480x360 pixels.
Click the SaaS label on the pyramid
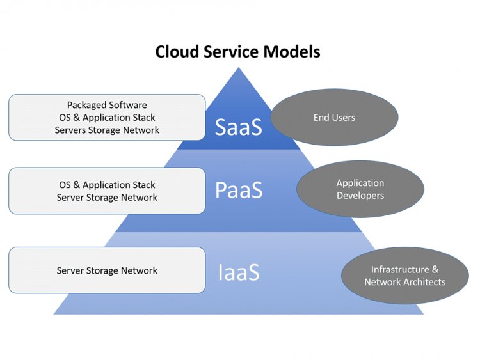pyautogui.click(x=239, y=127)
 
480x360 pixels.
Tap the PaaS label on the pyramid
pyautogui.click(x=239, y=190)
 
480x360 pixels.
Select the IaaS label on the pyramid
pyautogui.click(x=239, y=272)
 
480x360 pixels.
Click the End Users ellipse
pyautogui.click(x=335, y=117)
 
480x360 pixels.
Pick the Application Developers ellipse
pyautogui.click(x=360, y=189)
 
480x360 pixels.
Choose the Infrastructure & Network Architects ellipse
pyautogui.click(x=405, y=276)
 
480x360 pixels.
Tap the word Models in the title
pyautogui.click(x=292, y=51)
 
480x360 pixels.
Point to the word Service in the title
pyautogui.click(x=232, y=51)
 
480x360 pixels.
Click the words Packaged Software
pyautogui.click(x=107, y=105)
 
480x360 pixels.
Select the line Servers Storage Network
pyautogui.click(x=107, y=130)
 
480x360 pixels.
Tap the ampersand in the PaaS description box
pyautogui.click(x=77, y=185)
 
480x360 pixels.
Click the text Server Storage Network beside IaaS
pyautogui.click(x=107, y=270)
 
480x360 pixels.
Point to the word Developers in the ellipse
pyautogui.click(x=360, y=196)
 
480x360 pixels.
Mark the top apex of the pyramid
pyautogui.click(x=239, y=68)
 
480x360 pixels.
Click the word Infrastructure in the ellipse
pyautogui.click(x=400, y=269)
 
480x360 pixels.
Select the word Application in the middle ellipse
pyautogui.click(x=360, y=183)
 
